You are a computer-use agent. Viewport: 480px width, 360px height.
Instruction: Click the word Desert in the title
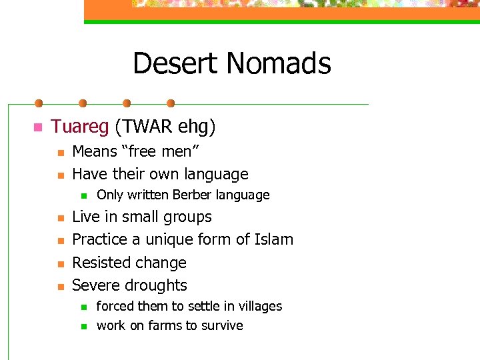click(x=175, y=64)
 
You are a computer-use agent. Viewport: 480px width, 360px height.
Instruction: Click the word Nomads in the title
click(x=278, y=64)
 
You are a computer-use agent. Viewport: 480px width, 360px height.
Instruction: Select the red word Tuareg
click(x=80, y=126)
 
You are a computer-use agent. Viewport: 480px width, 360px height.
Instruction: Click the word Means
click(x=94, y=151)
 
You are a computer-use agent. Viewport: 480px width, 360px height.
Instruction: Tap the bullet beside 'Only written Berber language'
click(x=83, y=196)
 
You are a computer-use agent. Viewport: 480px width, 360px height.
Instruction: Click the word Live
click(x=85, y=217)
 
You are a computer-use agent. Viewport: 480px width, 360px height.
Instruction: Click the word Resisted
click(x=103, y=263)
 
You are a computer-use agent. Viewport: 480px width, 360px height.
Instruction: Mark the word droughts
click(x=156, y=285)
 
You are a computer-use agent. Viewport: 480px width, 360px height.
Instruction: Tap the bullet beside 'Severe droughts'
click(x=60, y=286)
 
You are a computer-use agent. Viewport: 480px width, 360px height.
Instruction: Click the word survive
click(x=221, y=325)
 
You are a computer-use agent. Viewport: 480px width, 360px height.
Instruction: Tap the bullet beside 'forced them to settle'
click(x=83, y=307)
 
